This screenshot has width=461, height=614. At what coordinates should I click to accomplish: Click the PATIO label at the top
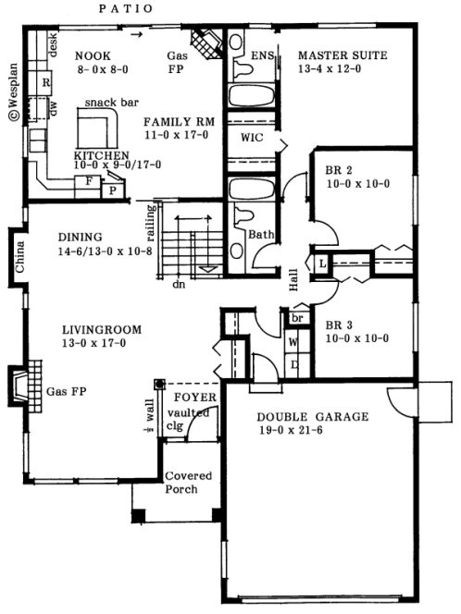tap(126, 9)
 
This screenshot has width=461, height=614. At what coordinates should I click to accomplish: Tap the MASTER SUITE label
tap(343, 55)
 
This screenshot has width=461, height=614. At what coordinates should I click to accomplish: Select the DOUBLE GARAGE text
tap(312, 417)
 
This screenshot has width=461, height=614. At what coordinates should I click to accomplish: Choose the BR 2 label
tap(339, 171)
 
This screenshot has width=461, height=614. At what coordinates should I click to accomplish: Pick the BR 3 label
tap(339, 325)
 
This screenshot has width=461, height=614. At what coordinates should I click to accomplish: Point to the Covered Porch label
tap(189, 482)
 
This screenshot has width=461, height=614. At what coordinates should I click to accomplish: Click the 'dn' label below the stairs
tap(179, 286)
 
